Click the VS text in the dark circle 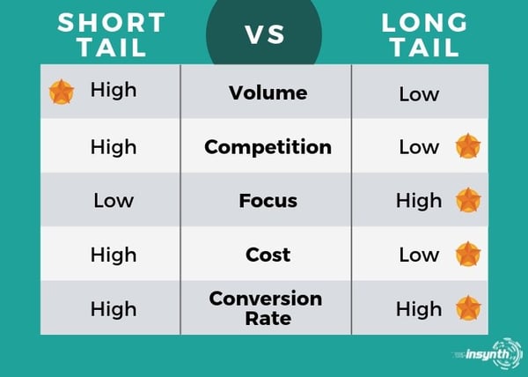coord(265,34)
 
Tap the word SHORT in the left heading coord(112,23)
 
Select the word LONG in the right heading coord(424,23)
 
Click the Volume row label coord(268,92)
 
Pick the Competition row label coord(268,147)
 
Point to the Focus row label coord(268,201)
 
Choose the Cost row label coord(268,255)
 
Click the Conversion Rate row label coord(266,308)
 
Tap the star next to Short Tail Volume coord(62,92)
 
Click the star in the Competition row coord(468,146)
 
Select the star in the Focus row coord(468,200)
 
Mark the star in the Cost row coord(468,254)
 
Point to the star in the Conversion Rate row coord(468,308)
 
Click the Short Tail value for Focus coord(114,201)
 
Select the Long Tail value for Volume coord(419,94)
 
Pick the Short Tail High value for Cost coord(114,255)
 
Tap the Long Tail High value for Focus coord(419,201)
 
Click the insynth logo coord(488,354)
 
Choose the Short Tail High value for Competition coord(114,147)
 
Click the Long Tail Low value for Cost coord(419,255)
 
